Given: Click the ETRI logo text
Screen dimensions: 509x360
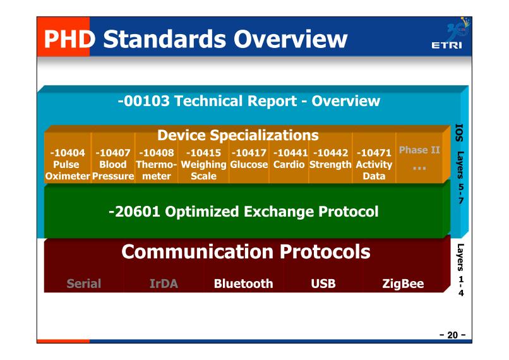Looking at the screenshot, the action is click(x=446, y=45).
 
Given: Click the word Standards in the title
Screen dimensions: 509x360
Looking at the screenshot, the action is click(x=165, y=39).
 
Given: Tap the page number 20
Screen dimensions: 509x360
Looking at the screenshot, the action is click(x=453, y=335).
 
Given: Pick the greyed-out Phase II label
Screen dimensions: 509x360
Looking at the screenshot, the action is click(x=419, y=150).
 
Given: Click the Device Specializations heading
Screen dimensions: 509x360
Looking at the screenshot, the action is click(x=238, y=135).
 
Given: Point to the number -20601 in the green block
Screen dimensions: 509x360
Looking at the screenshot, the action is click(x=135, y=212).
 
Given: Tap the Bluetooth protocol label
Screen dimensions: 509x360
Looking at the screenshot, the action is click(x=244, y=284).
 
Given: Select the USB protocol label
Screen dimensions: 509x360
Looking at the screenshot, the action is click(x=323, y=284).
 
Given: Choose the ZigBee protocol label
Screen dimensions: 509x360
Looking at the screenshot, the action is click(x=403, y=284).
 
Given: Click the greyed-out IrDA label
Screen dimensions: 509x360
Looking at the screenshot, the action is click(x=164, y=284).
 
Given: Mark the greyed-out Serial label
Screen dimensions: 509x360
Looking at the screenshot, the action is click(x=84, y=284).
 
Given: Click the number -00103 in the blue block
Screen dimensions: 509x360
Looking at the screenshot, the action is click(x=144, y=101).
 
